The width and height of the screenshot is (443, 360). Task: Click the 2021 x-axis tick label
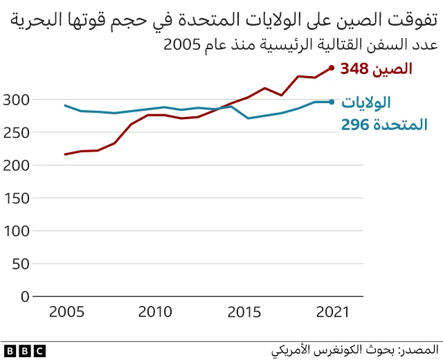click(x=331, y=312)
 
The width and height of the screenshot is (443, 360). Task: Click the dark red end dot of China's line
click(x=331, y=68)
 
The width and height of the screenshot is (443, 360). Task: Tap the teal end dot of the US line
click(x=331, y=102)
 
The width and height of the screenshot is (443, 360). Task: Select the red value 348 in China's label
click(x=359, y=69)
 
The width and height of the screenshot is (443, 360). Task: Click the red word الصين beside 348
click(x=392, y=69)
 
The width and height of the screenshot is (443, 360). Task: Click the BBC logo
click(x=24, y=350)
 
